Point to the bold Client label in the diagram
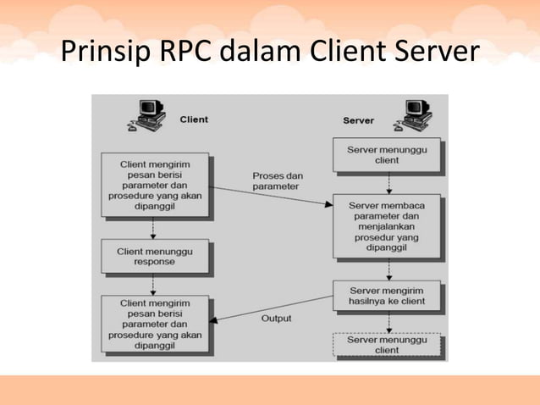coord(194,119)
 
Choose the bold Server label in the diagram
coord(358,120)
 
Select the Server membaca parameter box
coord(386,226)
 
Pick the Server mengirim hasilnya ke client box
coord(386,296)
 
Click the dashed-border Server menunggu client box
coord(387,345)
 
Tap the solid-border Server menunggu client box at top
coord(387,154)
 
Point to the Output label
coord(276,319)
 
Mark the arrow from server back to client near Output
coord(271,310)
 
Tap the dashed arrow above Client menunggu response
coord(153,228)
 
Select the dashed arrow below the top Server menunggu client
coord(388,183)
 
